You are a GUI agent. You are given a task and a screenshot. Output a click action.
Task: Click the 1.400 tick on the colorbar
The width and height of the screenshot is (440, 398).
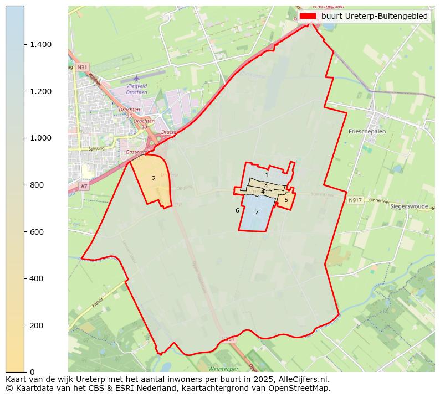tap(41, 45)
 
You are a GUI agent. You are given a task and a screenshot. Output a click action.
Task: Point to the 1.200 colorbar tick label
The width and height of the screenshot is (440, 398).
tap(41, 91)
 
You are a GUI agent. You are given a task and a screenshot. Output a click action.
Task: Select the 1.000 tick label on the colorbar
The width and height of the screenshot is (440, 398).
tap(41, 138)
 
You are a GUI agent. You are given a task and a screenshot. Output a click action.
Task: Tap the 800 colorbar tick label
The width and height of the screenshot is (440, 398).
tap(38, 185)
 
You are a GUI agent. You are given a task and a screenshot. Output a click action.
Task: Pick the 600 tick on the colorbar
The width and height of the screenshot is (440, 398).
tap(38, 231)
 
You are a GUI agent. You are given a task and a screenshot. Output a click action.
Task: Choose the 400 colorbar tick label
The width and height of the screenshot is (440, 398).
tap(38, 278)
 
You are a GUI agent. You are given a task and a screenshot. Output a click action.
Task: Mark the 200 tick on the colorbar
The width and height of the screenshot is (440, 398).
tap(38, 325)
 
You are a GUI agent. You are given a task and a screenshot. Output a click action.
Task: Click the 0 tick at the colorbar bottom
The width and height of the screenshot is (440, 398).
tap(32, 371)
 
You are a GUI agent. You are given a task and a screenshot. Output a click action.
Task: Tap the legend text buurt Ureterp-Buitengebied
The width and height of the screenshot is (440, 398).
tap(375, 16)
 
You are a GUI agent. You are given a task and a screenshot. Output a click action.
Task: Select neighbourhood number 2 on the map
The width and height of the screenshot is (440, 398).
tap(154, 178)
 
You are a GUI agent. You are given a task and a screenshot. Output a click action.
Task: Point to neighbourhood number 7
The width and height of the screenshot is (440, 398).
tap(257, 212)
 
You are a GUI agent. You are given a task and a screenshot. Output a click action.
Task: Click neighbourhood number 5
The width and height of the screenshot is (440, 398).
tap(286, 200)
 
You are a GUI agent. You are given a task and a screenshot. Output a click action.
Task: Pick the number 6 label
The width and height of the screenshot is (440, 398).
tap(237, 210)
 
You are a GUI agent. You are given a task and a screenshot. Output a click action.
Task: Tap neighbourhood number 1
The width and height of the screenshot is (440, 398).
tap(267, 175)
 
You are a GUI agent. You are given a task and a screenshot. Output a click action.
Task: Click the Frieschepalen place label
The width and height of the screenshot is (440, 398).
tap(367, 132)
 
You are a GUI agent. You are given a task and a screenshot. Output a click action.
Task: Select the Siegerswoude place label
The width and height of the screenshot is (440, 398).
tap(410, 206)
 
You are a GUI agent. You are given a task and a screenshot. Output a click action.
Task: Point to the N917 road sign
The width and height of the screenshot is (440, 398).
tap(355, 200)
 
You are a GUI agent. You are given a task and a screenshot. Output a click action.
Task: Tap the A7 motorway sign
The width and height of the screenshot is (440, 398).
tap(84, 187)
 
